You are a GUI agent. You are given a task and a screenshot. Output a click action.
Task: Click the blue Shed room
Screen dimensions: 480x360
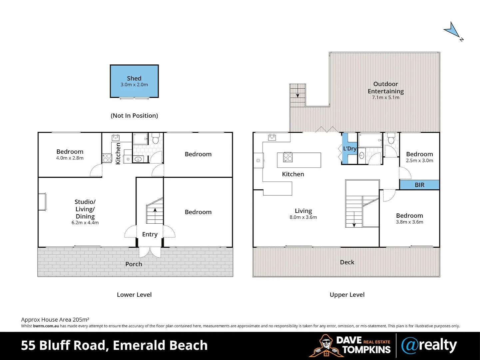click(134, 81)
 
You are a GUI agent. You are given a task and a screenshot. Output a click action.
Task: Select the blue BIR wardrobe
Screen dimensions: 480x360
click(419, 185)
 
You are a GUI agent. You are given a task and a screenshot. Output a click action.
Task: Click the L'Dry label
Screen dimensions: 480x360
click(350, 149)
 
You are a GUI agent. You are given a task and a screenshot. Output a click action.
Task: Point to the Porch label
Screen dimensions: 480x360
click(134, 264)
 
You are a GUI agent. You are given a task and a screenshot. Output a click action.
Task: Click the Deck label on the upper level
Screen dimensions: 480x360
click(347, 262)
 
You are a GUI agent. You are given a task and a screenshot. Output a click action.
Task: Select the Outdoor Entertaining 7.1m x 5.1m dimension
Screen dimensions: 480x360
click(386, 98)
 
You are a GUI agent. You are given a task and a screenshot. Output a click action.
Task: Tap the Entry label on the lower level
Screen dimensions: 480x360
click(150, 234)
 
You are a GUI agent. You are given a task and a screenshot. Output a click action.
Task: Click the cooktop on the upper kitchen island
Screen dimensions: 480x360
click(288, 157)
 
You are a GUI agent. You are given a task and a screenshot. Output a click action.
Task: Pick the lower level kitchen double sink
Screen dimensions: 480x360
click(116, 137)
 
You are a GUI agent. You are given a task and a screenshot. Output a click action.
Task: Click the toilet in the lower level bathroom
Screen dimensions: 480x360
click(156, 138)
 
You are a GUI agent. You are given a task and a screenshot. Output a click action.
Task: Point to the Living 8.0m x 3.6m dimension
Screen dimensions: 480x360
click(303, 217)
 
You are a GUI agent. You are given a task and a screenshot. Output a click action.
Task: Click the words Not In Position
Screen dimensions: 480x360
click(134, 116)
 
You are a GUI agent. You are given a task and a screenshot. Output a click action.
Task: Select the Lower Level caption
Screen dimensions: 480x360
click(134, 295)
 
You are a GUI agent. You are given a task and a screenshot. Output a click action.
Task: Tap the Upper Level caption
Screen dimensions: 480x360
click(347, 295)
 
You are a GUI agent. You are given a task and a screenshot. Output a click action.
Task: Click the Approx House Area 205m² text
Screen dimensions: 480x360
click(55, 320)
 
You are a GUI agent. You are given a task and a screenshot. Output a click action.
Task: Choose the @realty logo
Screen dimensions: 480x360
click(429, 346)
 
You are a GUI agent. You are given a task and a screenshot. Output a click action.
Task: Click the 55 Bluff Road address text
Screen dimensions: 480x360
click(114, 345)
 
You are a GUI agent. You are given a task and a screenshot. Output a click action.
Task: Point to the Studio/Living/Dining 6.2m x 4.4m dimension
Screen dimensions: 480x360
click(85, 223)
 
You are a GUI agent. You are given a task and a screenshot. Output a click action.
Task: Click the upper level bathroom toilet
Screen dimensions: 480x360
click(391, 139)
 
